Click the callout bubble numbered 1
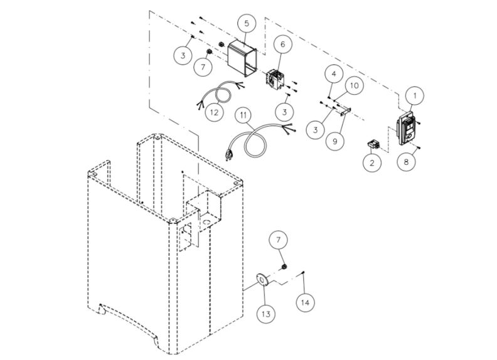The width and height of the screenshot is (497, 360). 414,95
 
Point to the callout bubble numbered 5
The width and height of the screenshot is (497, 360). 247,23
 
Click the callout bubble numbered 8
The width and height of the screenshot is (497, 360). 406,161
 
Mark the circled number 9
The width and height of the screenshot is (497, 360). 334,141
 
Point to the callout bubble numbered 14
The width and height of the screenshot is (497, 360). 305,302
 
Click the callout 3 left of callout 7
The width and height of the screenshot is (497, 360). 183,56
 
